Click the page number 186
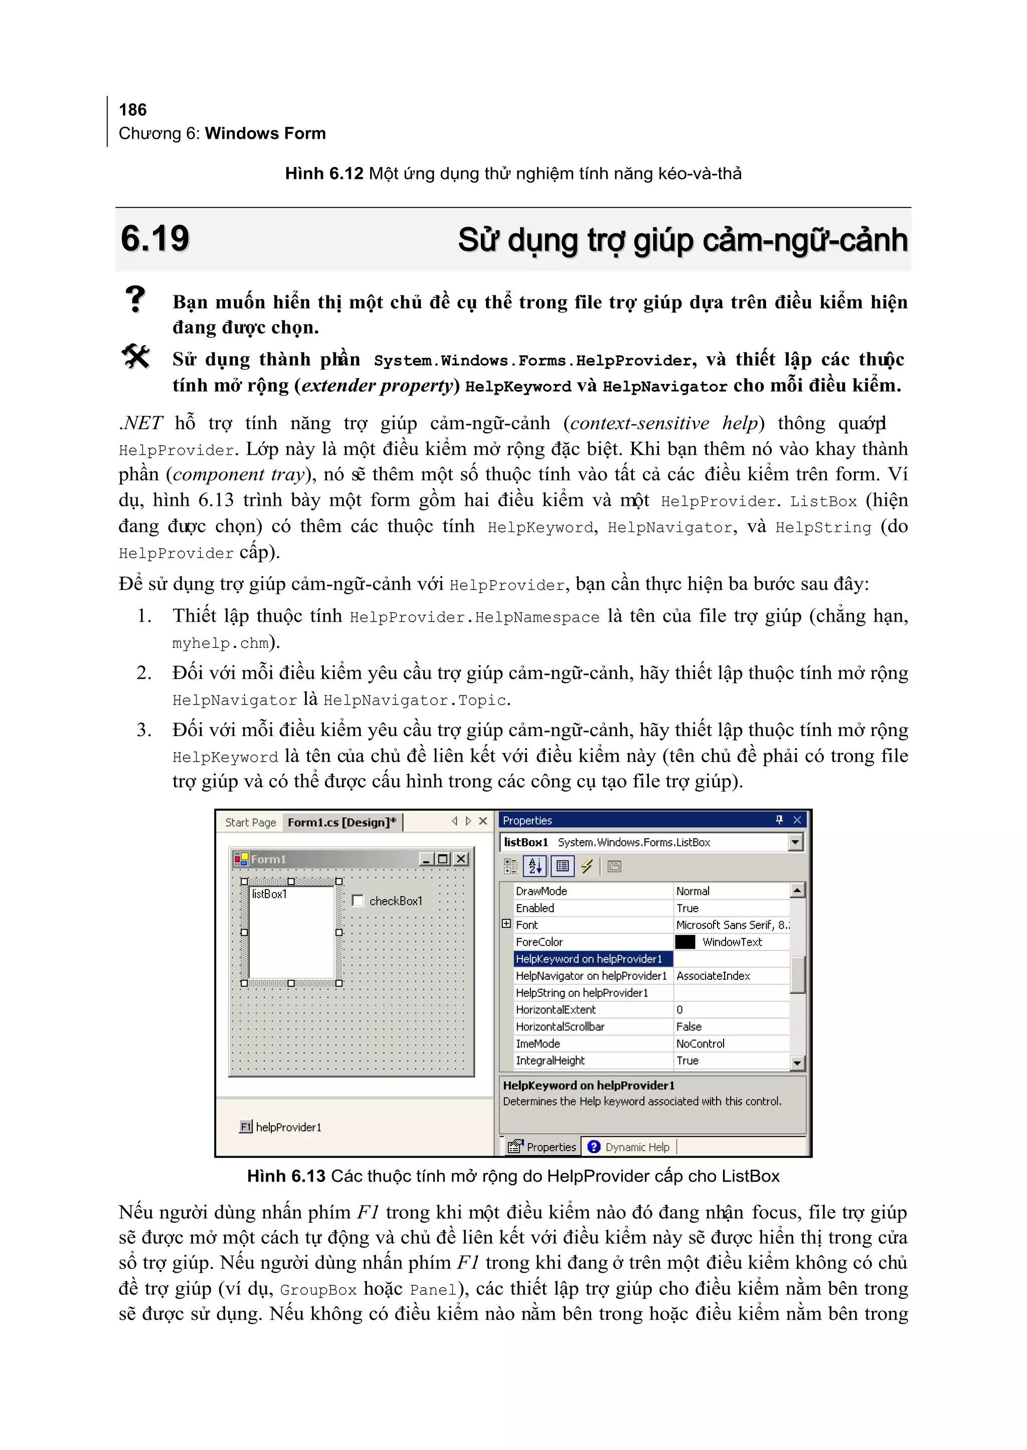click(x=133, y=110)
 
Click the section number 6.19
click(x=155, y=239)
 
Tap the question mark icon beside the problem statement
click(x=135, y=299)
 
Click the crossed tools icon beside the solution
click(x=135, y=356)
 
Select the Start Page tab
click(x=250, y=822)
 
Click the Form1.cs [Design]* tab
click(x=341, y=822)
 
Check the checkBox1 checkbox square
click(x=358, y=900)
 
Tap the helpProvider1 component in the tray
click(x=281, y=1127)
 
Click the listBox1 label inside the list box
click(x=269, y=893)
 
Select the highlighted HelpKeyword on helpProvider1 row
click(x=589, y=959)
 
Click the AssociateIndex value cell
click(x=714, y=976)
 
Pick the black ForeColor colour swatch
click(x=685, y=942)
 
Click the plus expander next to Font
click(x=506, y=924)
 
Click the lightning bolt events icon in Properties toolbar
click(x=587, y=866)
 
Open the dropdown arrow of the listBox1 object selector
click(x=795, y=842)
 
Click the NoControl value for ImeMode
click(x=700, y=1043)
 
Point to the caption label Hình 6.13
click(x=286, y=1176)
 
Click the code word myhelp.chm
click(x=221, y=643)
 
